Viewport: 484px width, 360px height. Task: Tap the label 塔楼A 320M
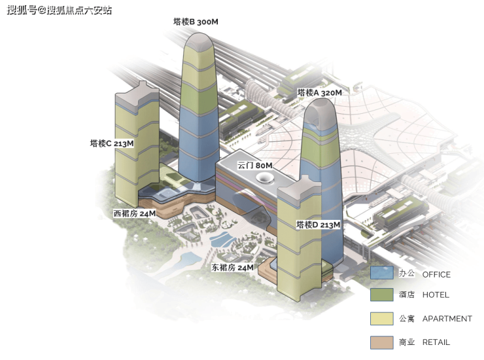[x=319, y=93]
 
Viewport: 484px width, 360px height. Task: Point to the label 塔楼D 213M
[x=318, y=225]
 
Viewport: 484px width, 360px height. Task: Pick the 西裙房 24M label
[x=134, y=213]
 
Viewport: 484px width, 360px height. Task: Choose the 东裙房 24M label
[x=232, y=268]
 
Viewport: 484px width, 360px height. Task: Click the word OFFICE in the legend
[x=436, y=274]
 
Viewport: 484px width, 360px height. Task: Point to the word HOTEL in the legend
[x=436, y=295]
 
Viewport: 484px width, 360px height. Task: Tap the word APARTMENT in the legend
[x=447, y=319]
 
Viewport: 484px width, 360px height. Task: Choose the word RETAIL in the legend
[x=436, y=342]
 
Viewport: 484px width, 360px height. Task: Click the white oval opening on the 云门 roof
[x=265, y=178]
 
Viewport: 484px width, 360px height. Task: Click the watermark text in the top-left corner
[x=60, y=10]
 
